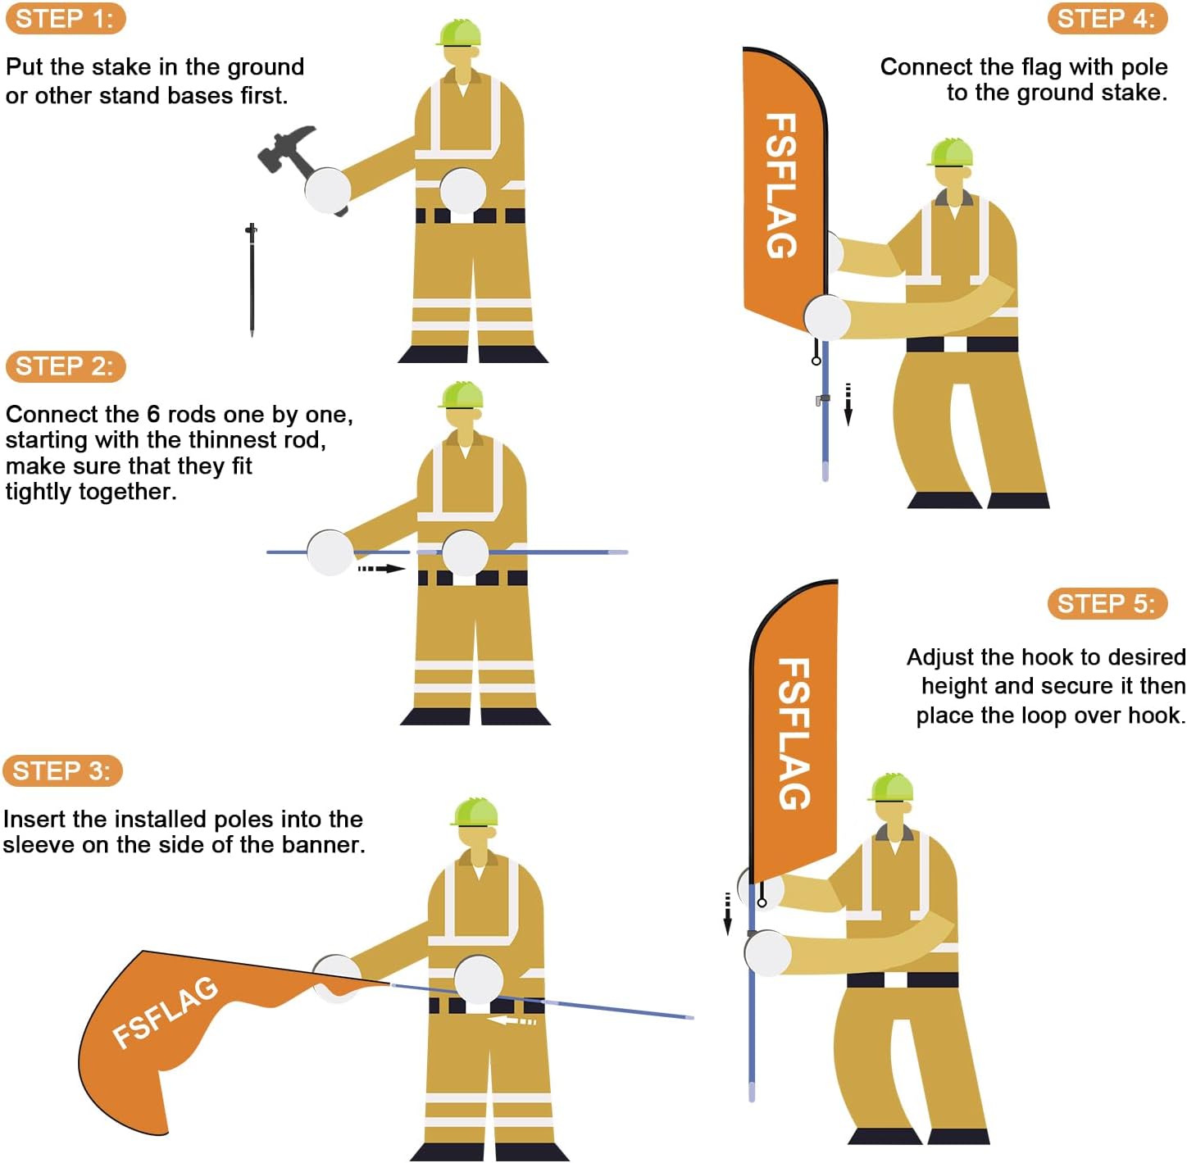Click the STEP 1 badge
click(65, 19)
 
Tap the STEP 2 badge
click(65, 366)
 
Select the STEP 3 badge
click(62, 771)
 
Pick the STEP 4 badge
click(1107, 19)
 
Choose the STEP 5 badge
click(1107, 604)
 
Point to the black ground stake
click(252, 279)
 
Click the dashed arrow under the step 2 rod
click(381, 568)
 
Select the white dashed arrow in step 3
click(512, 1021)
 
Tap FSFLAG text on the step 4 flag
click(781, 185)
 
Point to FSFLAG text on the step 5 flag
click(794, 733)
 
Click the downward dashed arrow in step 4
click(848, 404)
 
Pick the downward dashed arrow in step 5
click(727, 913)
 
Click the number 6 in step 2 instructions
click(153, 415)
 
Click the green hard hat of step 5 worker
click(891, 787)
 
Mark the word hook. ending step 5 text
click(1156, 716)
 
